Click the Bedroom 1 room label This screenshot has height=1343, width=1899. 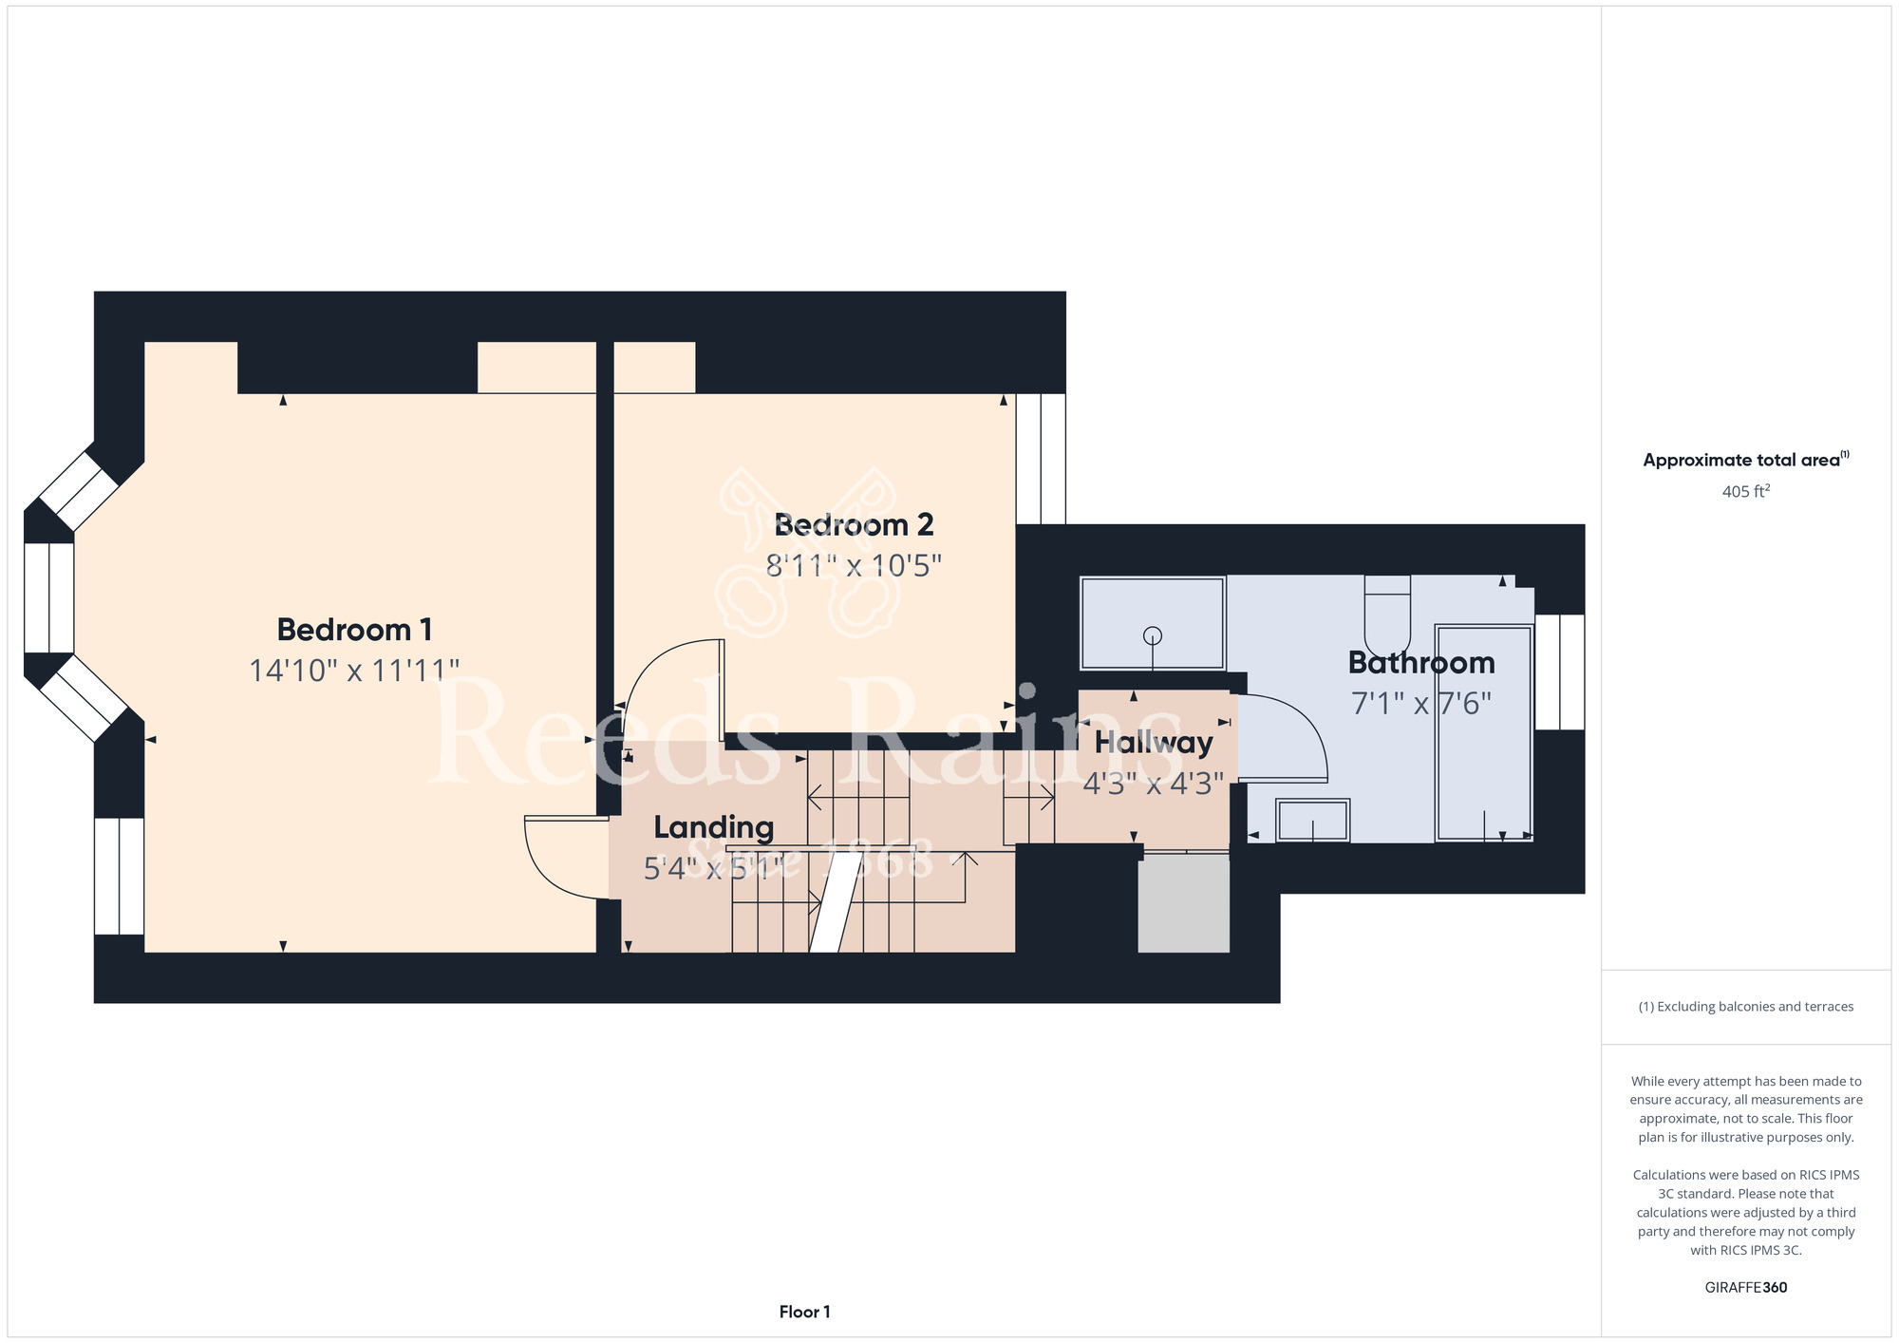354,629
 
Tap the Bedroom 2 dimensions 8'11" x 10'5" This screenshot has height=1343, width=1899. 854,566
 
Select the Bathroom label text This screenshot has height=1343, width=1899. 1421,662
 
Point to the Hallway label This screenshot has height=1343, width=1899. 1154,743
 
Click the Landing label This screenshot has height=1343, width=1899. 714,827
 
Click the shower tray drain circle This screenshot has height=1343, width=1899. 1153,635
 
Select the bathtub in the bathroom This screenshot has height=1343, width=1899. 1483,732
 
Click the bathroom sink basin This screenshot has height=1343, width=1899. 1312,821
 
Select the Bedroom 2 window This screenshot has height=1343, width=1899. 1041,459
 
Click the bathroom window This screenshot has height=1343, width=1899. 1559,671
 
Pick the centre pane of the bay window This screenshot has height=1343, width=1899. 48,597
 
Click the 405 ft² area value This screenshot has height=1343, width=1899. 1746,491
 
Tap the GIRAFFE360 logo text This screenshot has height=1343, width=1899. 1746,1288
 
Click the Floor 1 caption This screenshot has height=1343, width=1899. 804,1312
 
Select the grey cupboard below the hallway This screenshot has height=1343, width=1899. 1184,903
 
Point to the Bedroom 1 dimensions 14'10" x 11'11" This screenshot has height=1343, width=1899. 354,671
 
